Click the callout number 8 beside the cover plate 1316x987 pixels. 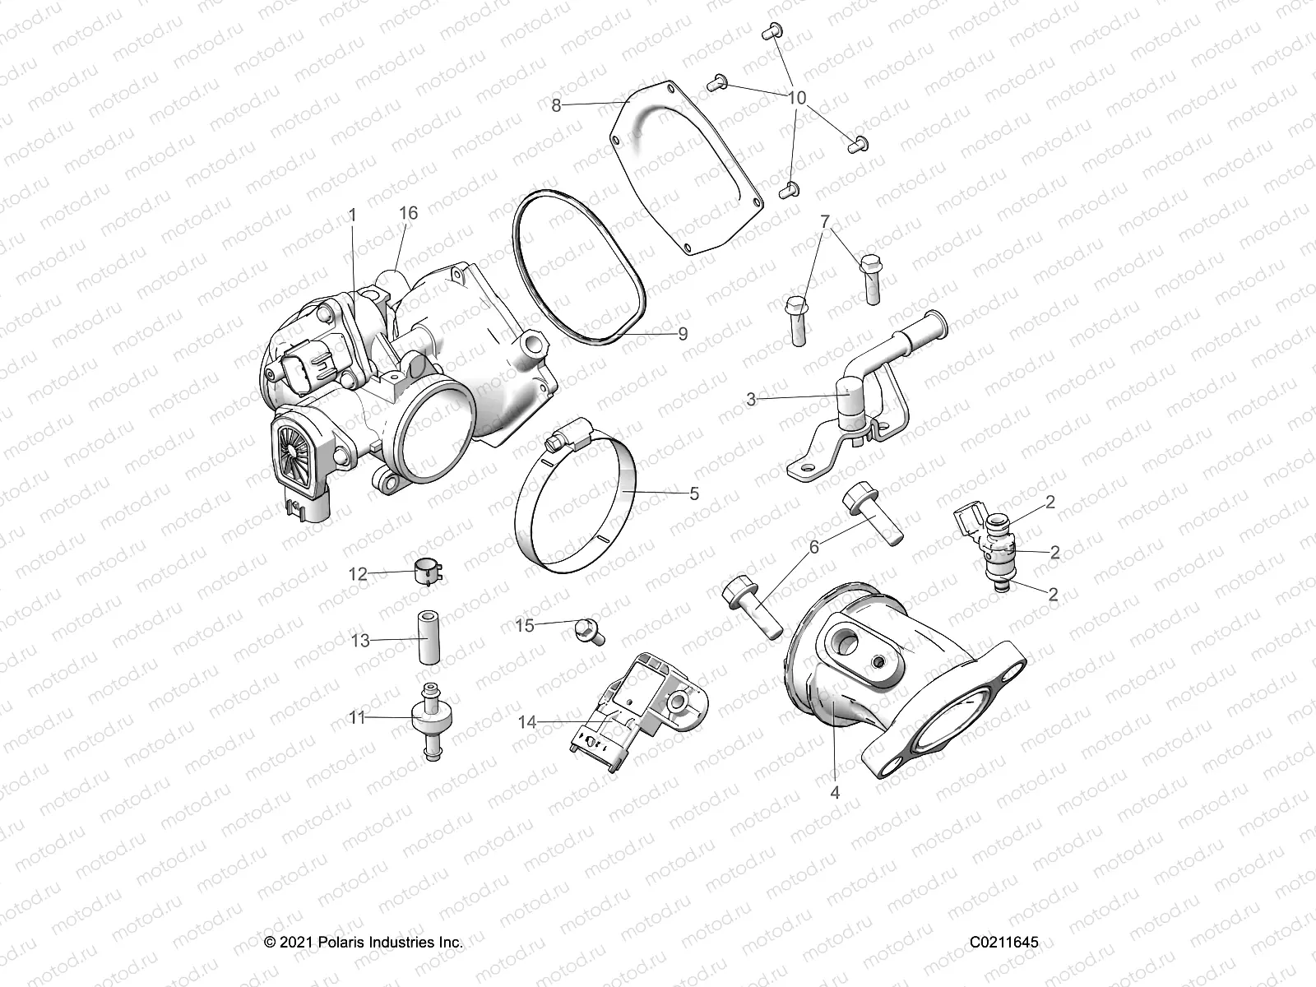pos(557,105)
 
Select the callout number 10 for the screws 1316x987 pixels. pos(797,98)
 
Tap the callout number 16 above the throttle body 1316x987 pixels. pos(409,213)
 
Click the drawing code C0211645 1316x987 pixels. pos(1003,942)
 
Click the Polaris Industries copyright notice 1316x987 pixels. pos(364,942)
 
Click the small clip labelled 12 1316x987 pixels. pos(427,570)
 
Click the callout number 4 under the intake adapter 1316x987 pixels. pos(836,793)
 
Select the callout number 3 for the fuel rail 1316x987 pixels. pos(751,400)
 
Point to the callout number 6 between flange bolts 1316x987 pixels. pos(814,546)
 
